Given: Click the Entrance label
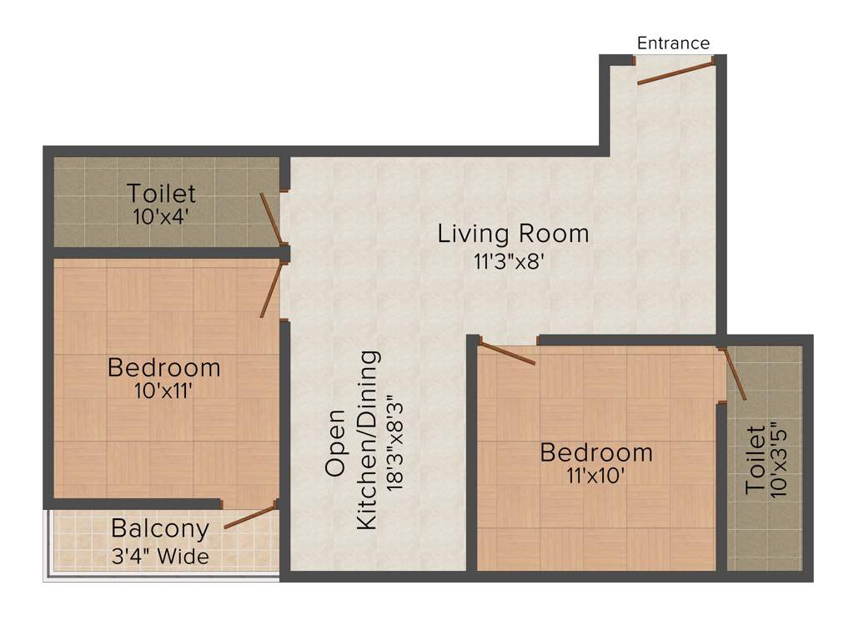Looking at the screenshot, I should (x=673, y=43).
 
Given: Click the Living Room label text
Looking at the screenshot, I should (x=513, y=234).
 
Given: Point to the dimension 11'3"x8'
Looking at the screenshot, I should (x=510, y=261).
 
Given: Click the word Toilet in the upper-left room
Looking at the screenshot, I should (x=162, y=194).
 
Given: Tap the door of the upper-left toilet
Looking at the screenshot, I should (x=273, y=220).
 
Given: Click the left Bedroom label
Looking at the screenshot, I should (x=164, y=367).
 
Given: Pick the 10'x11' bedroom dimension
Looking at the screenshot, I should (x=163, y=390).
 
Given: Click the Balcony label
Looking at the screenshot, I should (x=160, y=528).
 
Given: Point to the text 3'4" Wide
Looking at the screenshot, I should (x=160, y=555).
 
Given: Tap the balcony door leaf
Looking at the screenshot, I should (x=250, y=516).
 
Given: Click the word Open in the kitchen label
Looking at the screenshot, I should (x=335, y=442).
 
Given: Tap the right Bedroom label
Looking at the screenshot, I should (x=596, y=453).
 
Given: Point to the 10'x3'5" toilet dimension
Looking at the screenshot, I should (x=778, y=462).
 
